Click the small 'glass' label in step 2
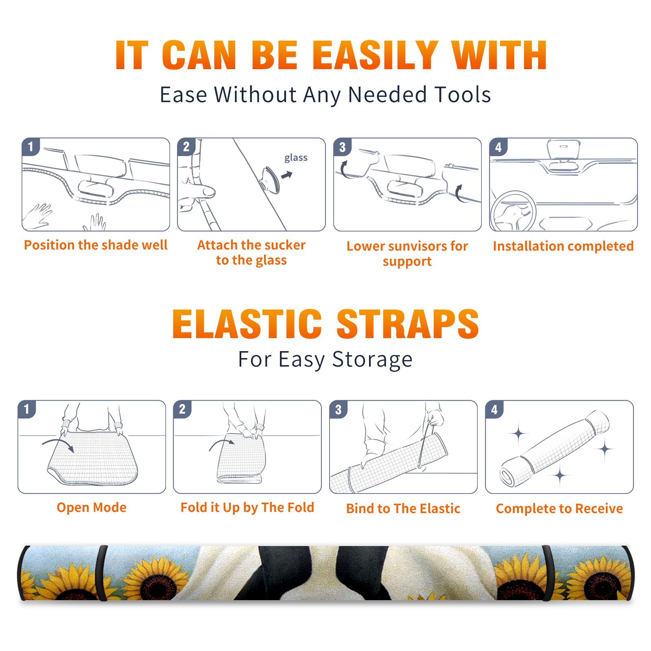pyautogui.click(x=296, y=158)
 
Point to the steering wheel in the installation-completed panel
pyautogui.click(x=513, y=211)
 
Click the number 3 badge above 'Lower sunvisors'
pyautogui.click(x=342, y=147)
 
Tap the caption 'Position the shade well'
pyautogui.click(x=96, y=245)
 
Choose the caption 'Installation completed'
pyautogui.click(x=563, y=246)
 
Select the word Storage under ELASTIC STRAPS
pyautogui.click(x=372, y=360)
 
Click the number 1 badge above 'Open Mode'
pyautogui.click(x=27, y=409)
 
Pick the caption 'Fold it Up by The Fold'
pyautogui.click(x=247, y=507)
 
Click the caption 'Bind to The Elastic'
pyautogui.click(x=403, y=509)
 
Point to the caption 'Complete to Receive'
pyautogui.click(x=559, y=509)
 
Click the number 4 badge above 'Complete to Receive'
pyautogui.click(x=494, y=409)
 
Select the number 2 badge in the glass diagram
pyautogui.click(x=186, y=147)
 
